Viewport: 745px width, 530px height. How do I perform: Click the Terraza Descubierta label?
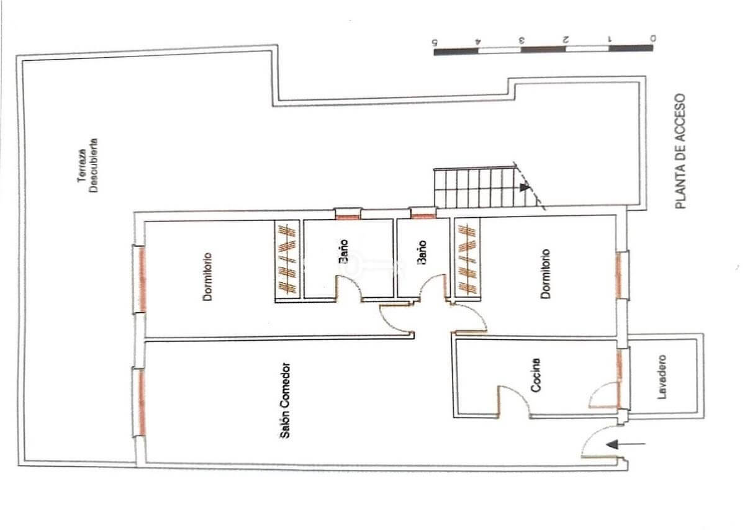[88, 165]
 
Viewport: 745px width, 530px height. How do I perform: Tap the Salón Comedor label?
[285, 401]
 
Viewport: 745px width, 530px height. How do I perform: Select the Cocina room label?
[535, 375]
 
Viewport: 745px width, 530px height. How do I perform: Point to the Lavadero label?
[662, 377]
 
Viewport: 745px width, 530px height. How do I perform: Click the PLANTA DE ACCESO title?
[680, 151]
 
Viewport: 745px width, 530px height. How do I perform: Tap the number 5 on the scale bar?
[434, 42]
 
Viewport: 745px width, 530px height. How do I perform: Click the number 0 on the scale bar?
[653, 38]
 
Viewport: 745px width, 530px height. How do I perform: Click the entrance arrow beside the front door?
[626, 444]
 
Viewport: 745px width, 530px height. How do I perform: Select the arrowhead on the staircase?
[525, 187]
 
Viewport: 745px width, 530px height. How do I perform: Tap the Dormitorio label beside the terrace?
[207, 277]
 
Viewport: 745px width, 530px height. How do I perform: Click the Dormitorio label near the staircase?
[545, 274]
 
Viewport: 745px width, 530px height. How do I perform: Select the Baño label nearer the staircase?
[422, 253]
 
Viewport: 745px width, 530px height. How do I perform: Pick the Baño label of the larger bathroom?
[343, 252]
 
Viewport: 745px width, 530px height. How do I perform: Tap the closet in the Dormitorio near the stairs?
[467, 258]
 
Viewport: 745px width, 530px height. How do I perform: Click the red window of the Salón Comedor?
[142, 403]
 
